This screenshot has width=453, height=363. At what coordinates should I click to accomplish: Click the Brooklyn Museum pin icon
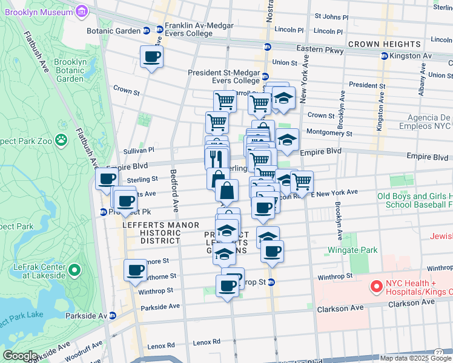(83, 10)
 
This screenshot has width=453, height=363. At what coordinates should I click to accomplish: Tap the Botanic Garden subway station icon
(147, 30)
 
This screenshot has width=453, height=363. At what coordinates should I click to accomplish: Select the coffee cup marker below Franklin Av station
(151, 57)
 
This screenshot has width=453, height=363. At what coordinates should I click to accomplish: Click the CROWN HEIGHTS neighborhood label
(384, 44)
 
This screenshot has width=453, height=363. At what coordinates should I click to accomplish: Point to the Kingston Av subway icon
(383, 56)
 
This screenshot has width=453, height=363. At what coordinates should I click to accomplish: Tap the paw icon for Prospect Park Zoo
(61, 140)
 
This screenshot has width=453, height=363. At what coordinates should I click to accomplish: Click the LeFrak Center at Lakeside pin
(74, 270)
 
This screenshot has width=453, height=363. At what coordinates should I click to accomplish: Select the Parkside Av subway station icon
(112, 315)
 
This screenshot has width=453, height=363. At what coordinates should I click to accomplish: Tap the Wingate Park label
(352, 250)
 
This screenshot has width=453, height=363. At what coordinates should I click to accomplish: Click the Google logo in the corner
(19, 356)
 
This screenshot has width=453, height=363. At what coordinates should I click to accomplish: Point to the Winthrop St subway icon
(271, 282)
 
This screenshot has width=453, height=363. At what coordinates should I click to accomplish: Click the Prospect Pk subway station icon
(104, 212)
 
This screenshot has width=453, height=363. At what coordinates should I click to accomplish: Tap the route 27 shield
(438, 352)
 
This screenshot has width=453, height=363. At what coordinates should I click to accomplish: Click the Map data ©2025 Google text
(415, 358)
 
